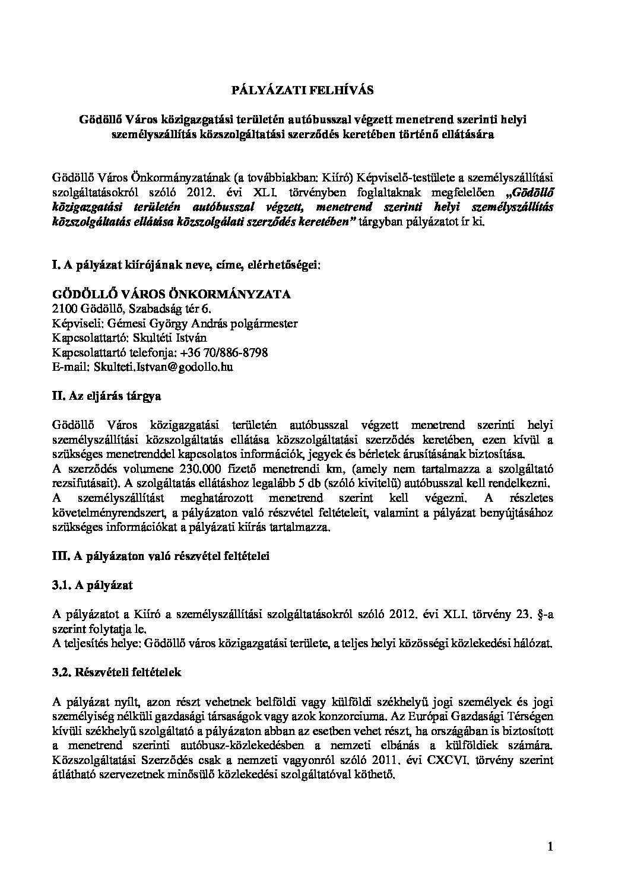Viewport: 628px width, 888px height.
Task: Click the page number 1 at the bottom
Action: [x=551, y=848]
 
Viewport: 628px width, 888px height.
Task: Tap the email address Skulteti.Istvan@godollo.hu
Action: [x=163, y=367]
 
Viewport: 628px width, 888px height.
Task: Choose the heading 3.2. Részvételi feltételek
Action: [x=117, y=673]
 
